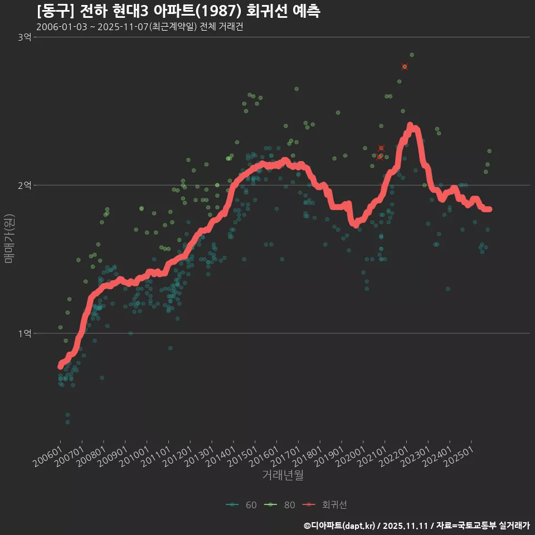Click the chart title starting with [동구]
[x=178, y=11]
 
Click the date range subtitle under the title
[x=139, y=27]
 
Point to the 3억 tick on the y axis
[x=25, y=37]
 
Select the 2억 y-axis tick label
[x=25, y=185]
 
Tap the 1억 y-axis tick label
[x=25, y=333]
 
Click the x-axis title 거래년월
[x=283, y=475]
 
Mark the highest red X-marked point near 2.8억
[x=405, y=67]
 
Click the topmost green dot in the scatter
[x=412, y=55]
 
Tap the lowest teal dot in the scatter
[x=67, y=422]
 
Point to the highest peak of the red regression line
[x=410, y=125]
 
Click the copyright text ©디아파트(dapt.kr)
[x=340, y=525]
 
